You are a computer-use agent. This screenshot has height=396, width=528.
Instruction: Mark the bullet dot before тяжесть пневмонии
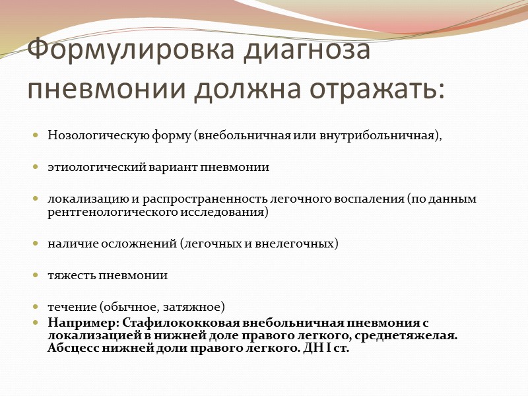click(36, 275)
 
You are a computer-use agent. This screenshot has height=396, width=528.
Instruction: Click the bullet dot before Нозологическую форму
click(36, 136)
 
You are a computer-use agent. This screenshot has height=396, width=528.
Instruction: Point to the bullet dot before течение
click(36, 307)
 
